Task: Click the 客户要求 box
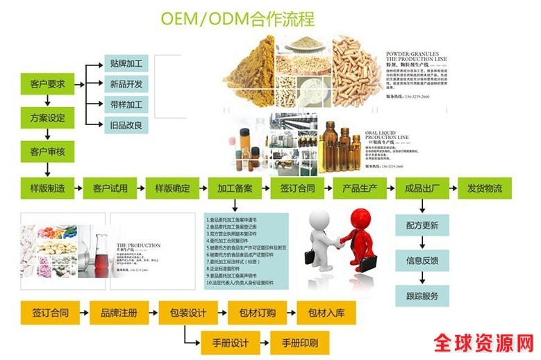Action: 47,84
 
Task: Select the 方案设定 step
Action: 47,118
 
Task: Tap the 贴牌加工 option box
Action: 126,63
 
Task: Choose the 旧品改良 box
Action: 126,125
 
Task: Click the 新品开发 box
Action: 126,84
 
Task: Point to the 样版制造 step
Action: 47,188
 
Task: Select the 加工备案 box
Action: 235,188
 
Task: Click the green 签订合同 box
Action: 297,188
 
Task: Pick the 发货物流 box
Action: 485,188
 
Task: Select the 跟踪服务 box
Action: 422,296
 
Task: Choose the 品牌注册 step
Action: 119,313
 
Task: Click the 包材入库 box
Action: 326,313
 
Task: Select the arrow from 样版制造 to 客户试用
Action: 78,188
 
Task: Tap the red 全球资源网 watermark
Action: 484,343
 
